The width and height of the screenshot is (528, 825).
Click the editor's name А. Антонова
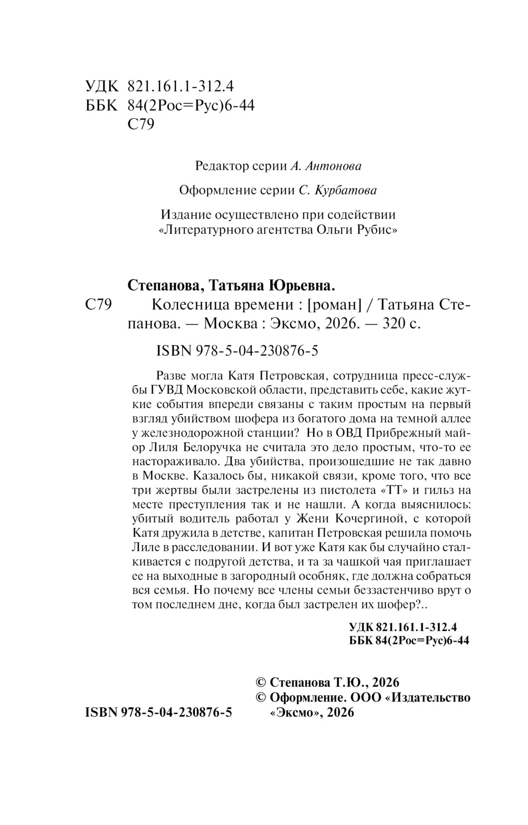click(326, 166)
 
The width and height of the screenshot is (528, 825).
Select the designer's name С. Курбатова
click(338, 191)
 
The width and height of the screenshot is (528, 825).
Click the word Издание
click(184, 215)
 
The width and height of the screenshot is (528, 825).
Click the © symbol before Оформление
click(260, 697)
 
